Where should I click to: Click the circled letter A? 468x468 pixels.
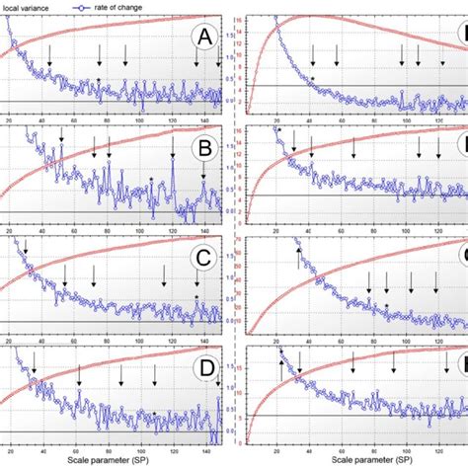coord(204,39)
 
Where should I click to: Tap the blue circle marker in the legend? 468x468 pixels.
coord(83,6)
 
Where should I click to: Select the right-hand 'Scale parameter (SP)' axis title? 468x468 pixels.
coord(351,459)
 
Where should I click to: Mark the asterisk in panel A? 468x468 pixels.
coord(99,79)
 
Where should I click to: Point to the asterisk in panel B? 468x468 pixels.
coord(151,179)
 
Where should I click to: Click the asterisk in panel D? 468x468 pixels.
coord(154,413)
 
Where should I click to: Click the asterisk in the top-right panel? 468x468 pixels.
coord(312,77)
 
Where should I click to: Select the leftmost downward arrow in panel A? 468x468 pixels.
coord(50,61)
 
